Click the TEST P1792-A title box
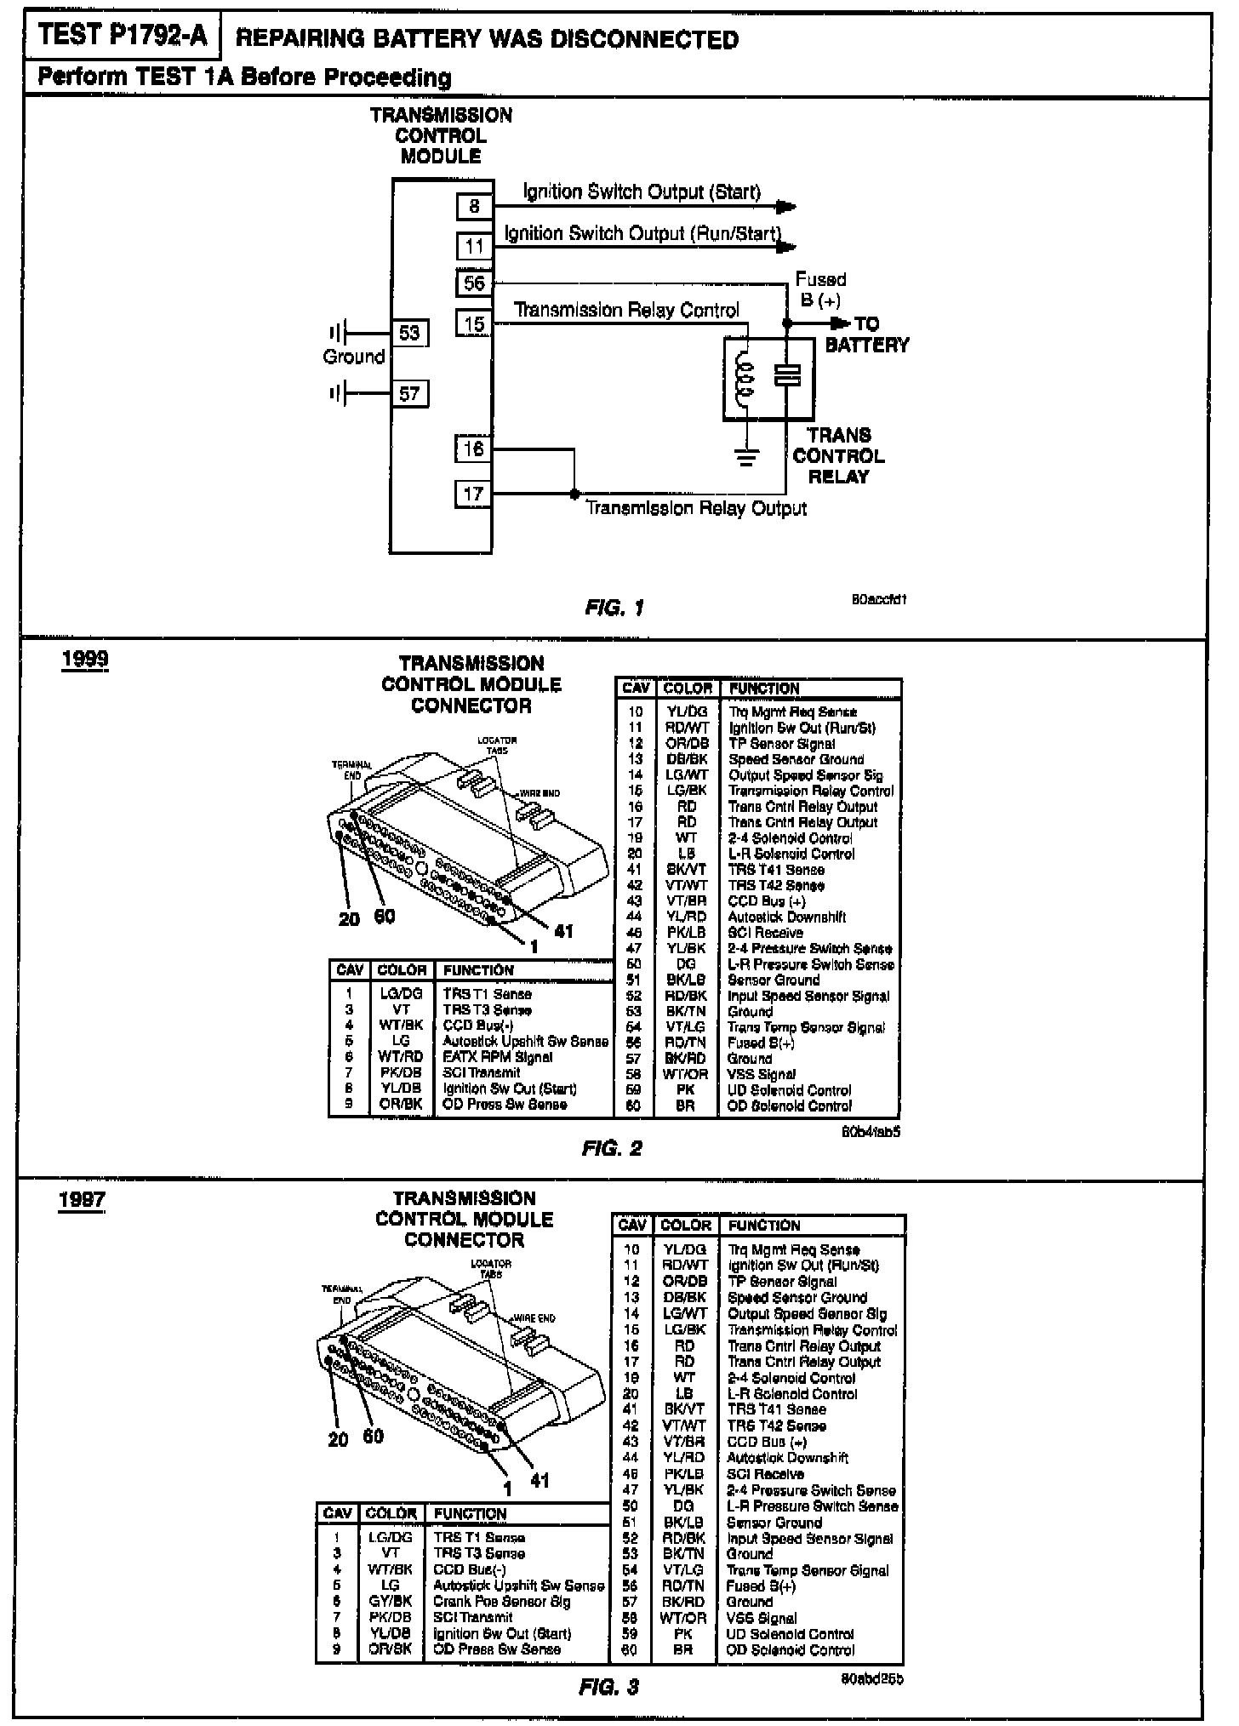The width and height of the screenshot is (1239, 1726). pyautogui.click(x=123, y=36)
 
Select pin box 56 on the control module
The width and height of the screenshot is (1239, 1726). pyautogui.click(x=474, y=283)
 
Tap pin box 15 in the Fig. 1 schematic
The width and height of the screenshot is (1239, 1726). pyautogui.click(x=474, y=323)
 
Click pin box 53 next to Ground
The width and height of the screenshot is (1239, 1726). pyautogui.click(x=409, y=333)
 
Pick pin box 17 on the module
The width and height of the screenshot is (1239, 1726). pyautogui.click(x=473, y=494)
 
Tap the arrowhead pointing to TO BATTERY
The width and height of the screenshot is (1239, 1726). pyautogui.click(x=841, y=323)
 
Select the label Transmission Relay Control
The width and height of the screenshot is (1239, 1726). pyautogui.click(x=627, y=310)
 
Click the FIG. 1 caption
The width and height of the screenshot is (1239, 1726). pyautogui.click(x=614, y=608)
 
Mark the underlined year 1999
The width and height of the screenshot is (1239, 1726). pyautogui.click(x=85, y=661)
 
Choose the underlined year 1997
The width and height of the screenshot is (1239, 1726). pyautogui.click(x=82, y=1200)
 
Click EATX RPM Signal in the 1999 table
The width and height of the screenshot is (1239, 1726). pyautogui.click(x=497, y=1057)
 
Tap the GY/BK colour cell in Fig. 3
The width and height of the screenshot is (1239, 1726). pyautogui.click(x=391, y=1601)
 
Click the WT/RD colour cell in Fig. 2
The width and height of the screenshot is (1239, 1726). pyautogui.click(x=401, y=1057)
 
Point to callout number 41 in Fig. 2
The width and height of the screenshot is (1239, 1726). pyautogui.click(x=563, y=931)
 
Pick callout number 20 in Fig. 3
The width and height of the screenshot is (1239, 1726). pyautogui.click(x=338, y=1439)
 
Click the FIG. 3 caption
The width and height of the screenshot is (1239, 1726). pyautogui.click(x=608, y=1687)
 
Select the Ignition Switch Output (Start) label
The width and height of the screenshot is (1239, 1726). pyautogui.click(x=642, y=191)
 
